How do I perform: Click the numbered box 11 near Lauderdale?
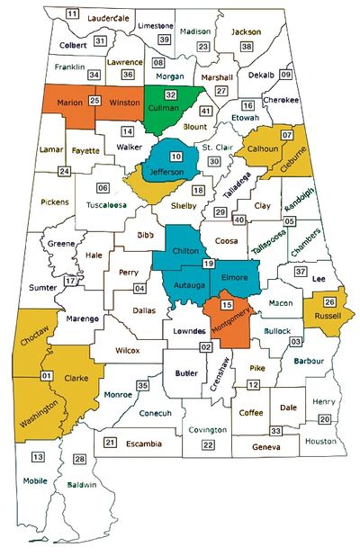72,13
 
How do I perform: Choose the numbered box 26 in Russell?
330,302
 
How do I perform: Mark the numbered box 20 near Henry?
323,418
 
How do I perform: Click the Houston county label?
319,441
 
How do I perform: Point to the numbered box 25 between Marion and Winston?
94,100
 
